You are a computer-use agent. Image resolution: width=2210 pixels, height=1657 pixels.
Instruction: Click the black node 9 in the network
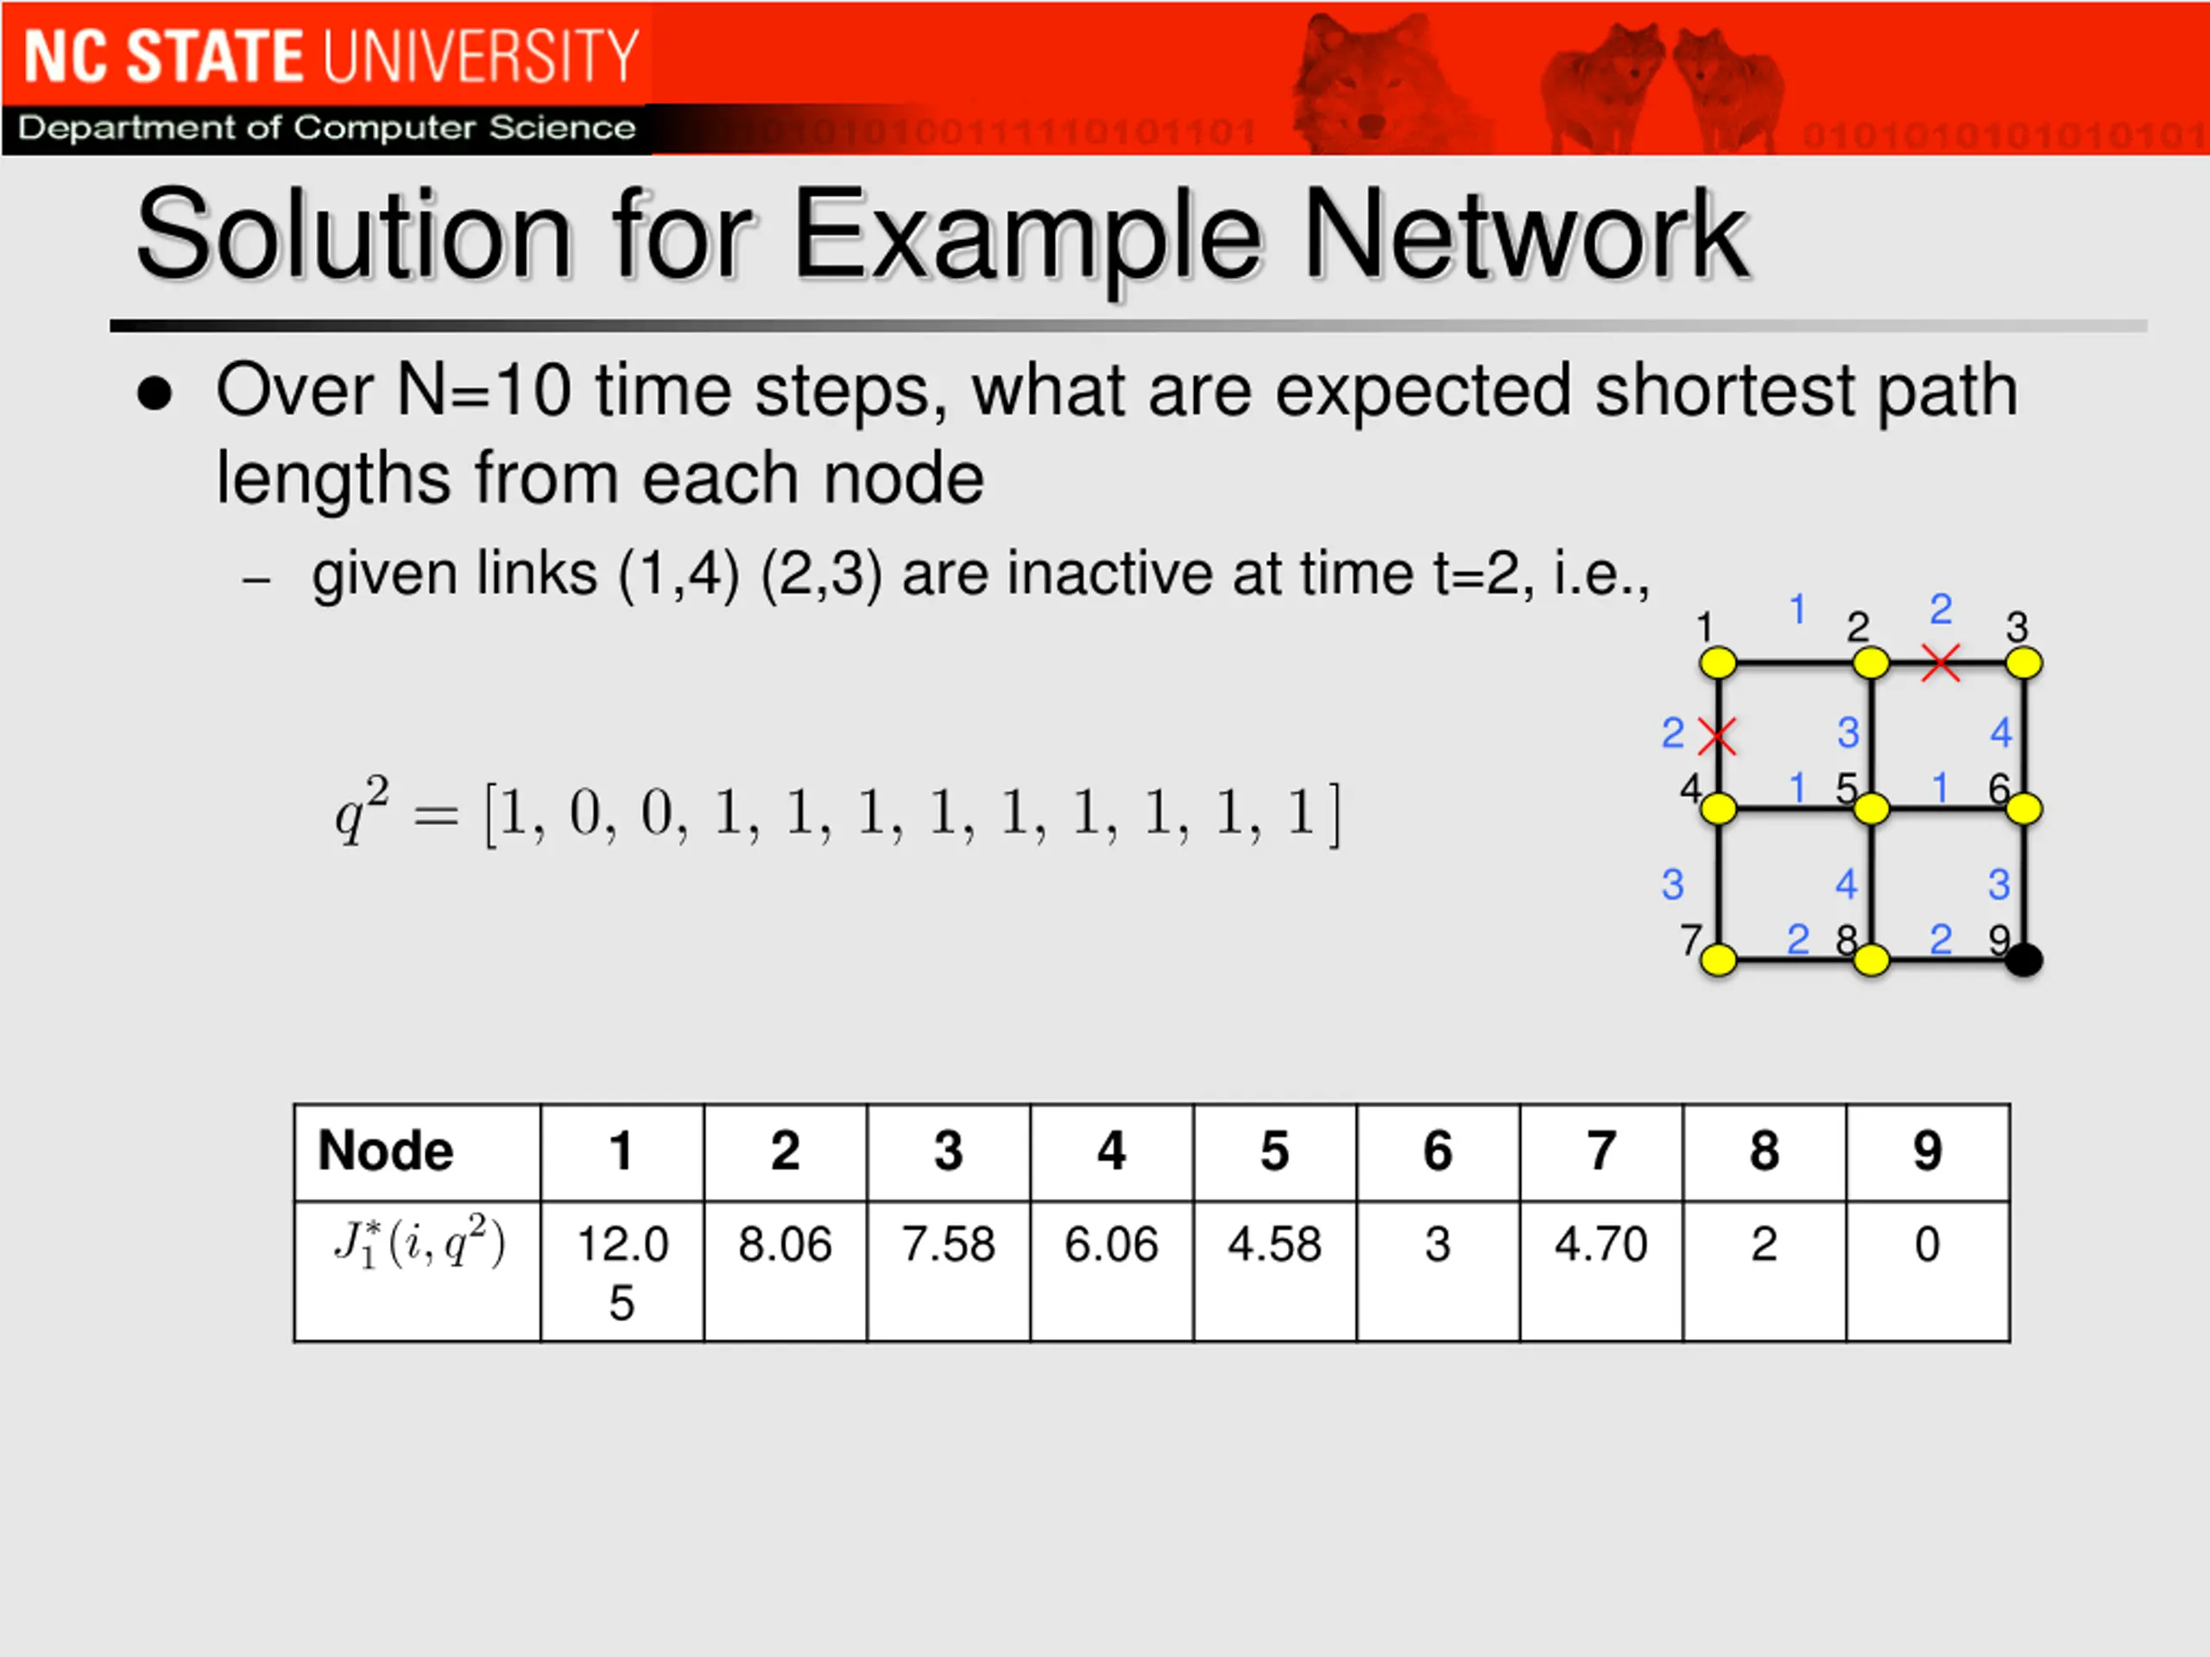pyautogui.click(x=2024, y=961)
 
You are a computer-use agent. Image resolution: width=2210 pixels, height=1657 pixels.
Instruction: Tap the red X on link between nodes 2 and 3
pyautogui.click(x=1941, y=662)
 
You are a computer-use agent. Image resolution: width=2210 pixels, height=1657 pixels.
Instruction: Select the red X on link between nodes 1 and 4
pyautogui.click(x=1717, y=737)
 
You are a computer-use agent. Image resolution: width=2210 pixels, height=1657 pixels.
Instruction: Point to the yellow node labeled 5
pyautogui.click(x=1872, y=809)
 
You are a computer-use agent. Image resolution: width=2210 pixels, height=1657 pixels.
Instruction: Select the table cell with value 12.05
pyautogui.click(x=622, y=1270)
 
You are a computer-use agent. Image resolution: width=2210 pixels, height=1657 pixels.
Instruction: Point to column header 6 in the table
pyautogui.click(x=1437, y=1150)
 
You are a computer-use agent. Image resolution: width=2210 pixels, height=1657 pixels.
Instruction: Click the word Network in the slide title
pyautogui.click(x=1525, y=236)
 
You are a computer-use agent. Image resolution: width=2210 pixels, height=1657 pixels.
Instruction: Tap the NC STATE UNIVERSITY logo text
pyautogui.click(x=330, y=56)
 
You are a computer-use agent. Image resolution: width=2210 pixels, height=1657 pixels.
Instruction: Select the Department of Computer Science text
pyautogui.click(x=326, y=128)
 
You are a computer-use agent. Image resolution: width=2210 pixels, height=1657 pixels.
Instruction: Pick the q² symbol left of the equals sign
pyautogui.click(x=361, y=812)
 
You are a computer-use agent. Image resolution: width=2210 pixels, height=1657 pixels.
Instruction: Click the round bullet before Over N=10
pyautogui.click(x=155, y=394)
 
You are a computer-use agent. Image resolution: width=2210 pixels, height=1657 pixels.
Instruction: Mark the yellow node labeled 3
pyautogui.click(x=2024, y=662)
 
